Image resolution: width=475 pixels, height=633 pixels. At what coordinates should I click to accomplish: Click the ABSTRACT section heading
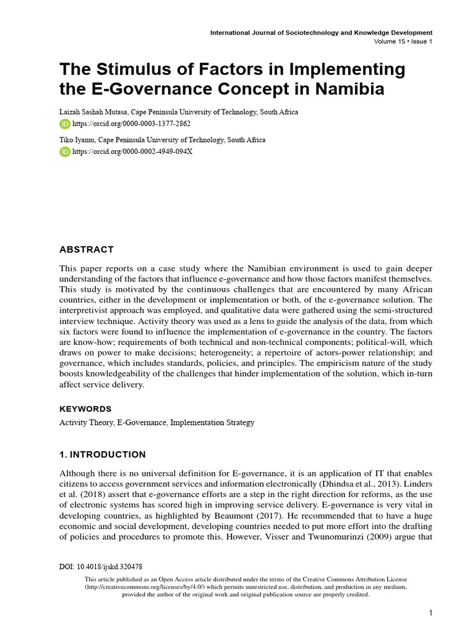[x=87, y=250]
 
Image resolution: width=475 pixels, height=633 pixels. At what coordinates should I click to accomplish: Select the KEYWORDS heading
[x=85, y=409]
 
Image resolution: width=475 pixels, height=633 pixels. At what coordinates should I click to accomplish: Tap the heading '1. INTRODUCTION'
[x=103, y=454]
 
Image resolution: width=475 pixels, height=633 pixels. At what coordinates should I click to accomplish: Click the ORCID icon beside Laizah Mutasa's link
[x=65, y=124]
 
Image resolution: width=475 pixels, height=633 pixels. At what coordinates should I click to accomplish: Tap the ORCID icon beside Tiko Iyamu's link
[x=65, y=152]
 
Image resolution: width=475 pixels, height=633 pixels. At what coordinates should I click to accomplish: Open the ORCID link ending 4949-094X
[x=133, y=152]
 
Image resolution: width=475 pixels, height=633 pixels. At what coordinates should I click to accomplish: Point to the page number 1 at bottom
[x=430, y=613]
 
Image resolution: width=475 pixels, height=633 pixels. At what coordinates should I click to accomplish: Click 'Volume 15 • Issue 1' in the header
[x=403, y=41]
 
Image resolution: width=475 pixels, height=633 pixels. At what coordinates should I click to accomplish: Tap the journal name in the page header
[x=321, y=32]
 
